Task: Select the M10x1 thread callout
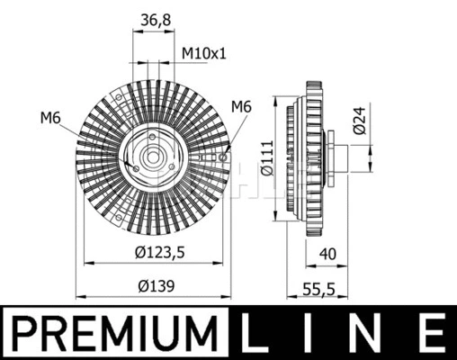204,53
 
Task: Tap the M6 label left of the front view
51,116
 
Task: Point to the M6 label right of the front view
240,107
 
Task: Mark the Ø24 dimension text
359,121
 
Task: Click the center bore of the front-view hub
150,158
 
